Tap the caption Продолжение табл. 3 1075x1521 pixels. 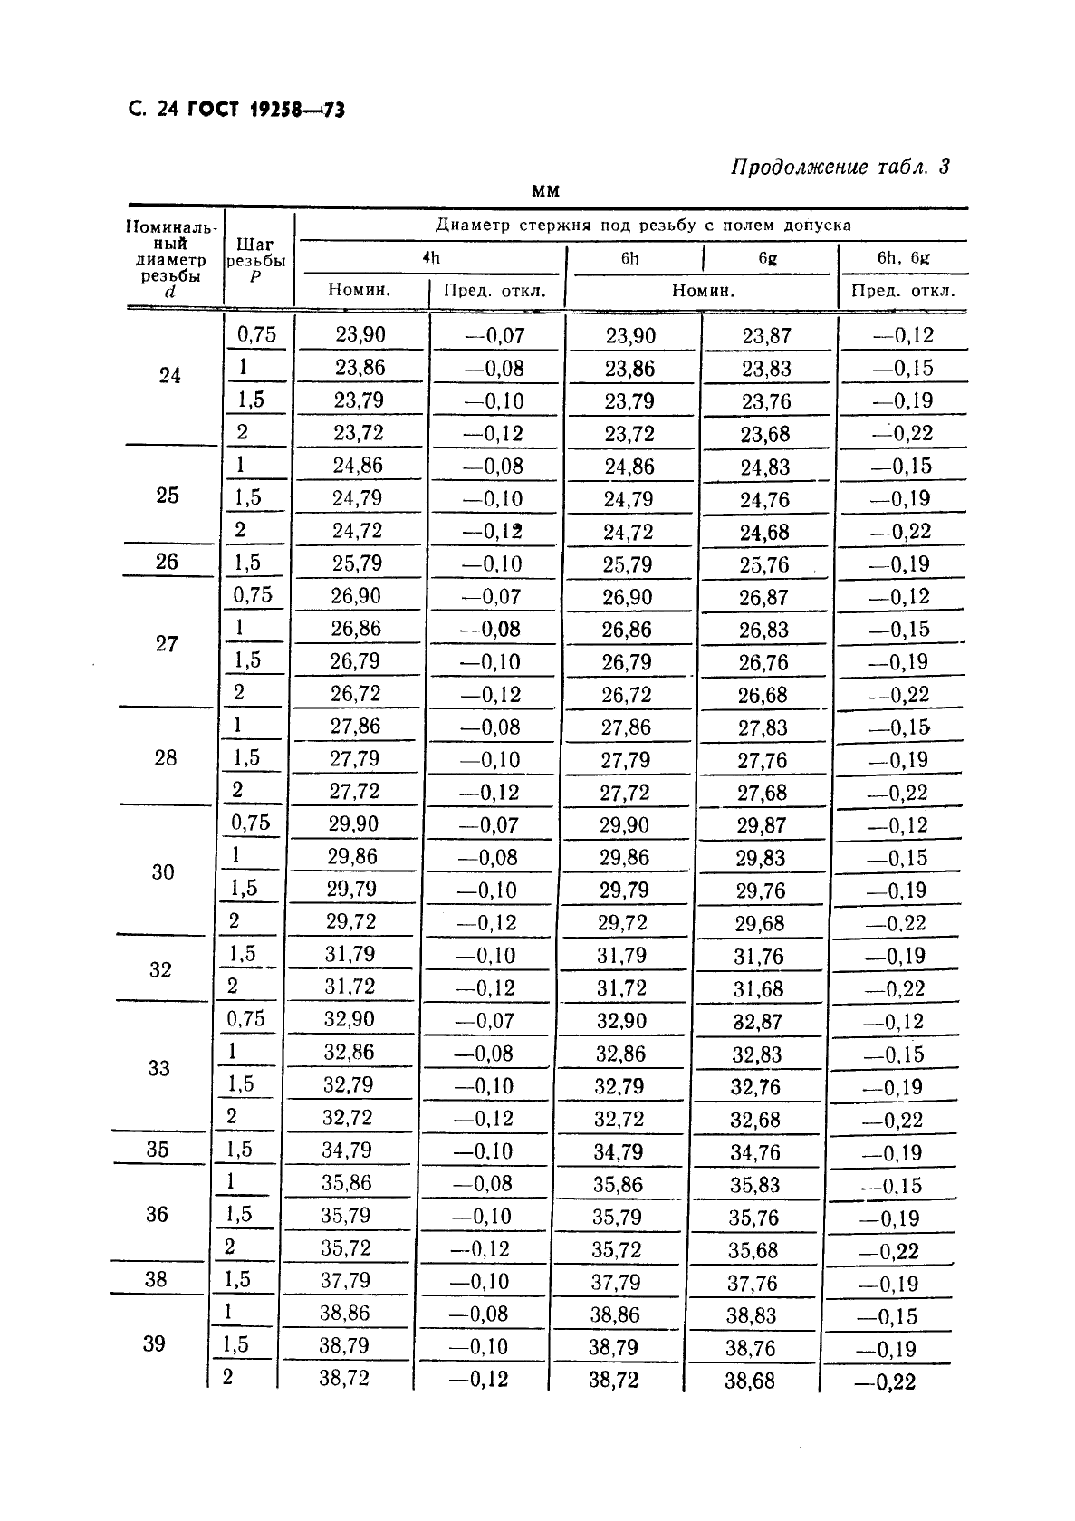840,167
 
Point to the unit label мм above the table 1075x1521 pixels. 545,191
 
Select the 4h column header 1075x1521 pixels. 431,257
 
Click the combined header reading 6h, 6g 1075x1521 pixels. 903,257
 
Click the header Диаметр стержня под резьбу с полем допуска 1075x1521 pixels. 643,225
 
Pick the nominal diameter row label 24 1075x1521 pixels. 169,375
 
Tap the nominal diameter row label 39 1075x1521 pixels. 154,1343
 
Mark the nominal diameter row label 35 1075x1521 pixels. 158,1149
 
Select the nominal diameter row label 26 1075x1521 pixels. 167,562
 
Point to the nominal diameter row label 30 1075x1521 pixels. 163,871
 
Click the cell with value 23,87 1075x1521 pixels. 766,336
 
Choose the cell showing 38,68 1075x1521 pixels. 751,1381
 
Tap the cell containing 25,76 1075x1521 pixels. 763,565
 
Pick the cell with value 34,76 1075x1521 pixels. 755,1152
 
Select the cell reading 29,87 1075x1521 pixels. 761,825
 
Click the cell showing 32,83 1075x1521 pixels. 757,1054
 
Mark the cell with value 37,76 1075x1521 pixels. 752,1283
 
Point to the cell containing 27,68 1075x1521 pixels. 762,793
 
